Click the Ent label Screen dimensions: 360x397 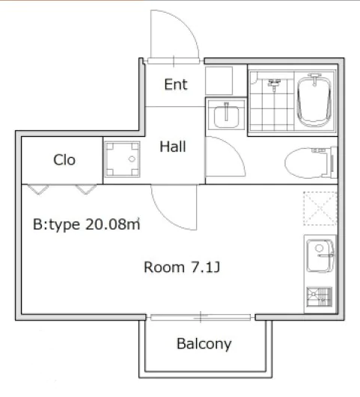tap(176, 84)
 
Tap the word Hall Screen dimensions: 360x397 tap(173, 147)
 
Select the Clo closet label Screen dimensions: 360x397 tap(64, 160)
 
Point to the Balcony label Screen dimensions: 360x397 tap(204, 344)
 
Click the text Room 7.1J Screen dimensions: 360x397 tap(182, 268)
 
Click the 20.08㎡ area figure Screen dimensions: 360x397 tap(112, 224)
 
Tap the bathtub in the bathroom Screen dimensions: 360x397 tap(314, 100)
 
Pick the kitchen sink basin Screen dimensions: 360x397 tap(320, 256)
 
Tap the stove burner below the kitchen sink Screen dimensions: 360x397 tap(319, 297)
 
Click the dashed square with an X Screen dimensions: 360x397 tap(320, 209)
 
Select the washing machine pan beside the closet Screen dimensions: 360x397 tap(123, 159)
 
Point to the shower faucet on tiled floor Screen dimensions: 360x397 tap(275, 84)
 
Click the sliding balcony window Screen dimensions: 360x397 tap(201, 317)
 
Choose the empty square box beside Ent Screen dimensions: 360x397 tap(219, 81)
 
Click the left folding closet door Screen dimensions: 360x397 tap(38, 189)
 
